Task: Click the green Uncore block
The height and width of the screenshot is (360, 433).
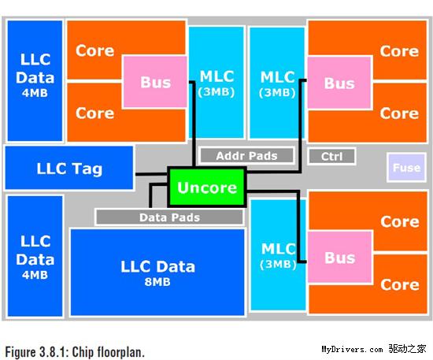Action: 207,187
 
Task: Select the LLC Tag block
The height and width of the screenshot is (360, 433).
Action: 69,168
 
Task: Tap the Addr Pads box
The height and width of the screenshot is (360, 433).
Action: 246,156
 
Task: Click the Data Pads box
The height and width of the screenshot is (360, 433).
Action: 169,217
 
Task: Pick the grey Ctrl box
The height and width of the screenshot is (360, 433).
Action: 331,157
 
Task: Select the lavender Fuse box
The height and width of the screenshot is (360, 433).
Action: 406,168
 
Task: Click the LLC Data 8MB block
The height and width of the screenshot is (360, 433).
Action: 157,272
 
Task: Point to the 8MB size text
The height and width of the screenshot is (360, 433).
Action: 157,282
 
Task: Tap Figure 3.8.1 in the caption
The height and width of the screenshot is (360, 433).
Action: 35,352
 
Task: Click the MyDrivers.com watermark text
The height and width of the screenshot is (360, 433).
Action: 352,349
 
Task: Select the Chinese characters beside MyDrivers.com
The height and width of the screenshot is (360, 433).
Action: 408,349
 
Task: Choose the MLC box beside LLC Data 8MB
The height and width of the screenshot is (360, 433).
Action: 278,254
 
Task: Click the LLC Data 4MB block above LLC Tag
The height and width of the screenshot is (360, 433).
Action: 35,80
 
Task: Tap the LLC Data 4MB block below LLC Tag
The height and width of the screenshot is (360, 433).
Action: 35,256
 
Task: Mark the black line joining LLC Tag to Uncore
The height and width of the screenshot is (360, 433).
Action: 152,174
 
